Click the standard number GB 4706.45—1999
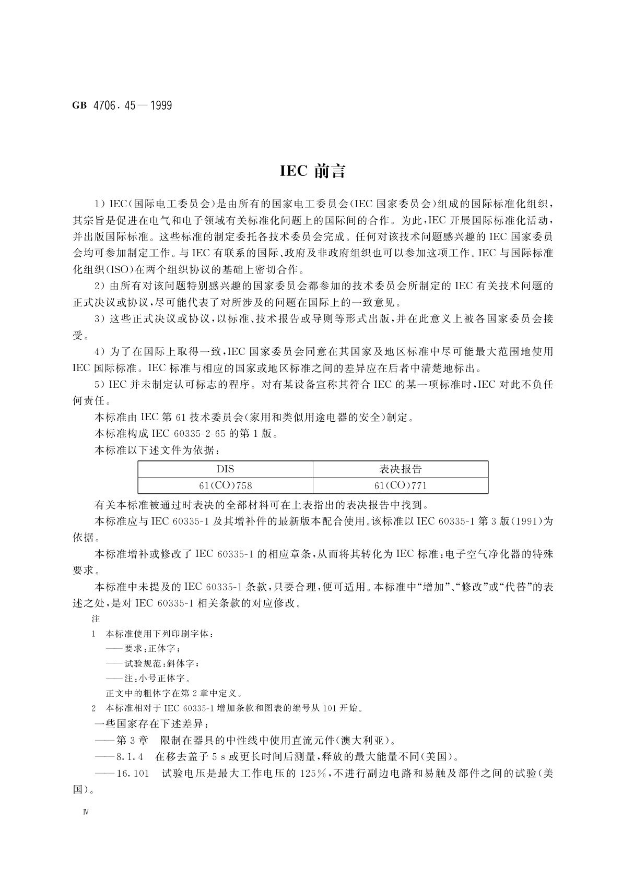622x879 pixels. point(122,105)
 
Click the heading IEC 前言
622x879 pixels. point(312,171)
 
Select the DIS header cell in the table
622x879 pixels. point(225,469)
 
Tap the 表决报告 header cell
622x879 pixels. point(400,469)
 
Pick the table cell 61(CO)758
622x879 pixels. point(225,485)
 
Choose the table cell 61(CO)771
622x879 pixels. point(400,485)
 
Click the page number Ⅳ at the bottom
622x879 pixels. point(86,814)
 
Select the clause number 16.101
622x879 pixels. point(134,773)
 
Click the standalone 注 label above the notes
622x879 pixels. point(96,619)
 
